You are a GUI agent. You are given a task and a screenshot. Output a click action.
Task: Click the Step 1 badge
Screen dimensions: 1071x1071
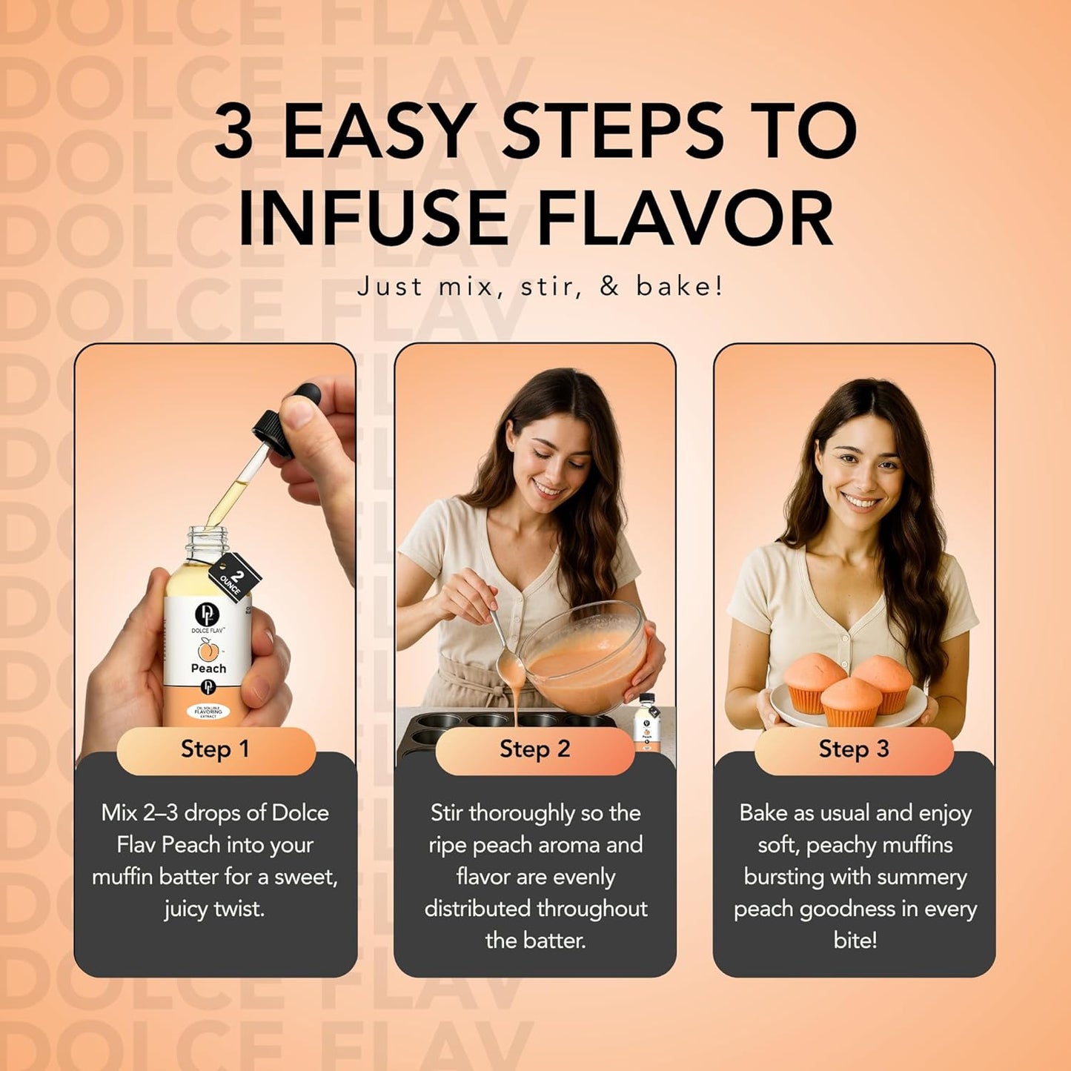215,749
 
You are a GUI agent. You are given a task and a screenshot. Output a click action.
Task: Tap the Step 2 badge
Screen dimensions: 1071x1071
534,749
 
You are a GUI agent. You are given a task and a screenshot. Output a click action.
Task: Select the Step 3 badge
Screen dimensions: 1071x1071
853,749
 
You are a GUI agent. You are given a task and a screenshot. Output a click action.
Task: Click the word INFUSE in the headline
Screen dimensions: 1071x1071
372,219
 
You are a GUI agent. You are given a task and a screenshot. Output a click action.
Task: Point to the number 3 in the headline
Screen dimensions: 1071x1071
234,131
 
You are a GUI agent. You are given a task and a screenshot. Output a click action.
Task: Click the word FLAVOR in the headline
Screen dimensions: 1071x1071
685,219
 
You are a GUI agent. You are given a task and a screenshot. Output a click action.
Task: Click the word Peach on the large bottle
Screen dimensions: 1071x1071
208,669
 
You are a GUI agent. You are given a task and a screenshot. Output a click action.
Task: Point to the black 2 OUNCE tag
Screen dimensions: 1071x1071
235,577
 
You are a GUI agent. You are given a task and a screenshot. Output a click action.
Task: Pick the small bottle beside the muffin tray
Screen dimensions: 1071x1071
647,723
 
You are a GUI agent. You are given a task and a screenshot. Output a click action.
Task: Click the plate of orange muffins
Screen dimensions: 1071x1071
849,700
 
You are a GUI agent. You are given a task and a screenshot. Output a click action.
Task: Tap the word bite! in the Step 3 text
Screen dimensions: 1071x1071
855,941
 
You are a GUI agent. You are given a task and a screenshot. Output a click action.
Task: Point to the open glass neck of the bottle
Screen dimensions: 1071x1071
202,545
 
